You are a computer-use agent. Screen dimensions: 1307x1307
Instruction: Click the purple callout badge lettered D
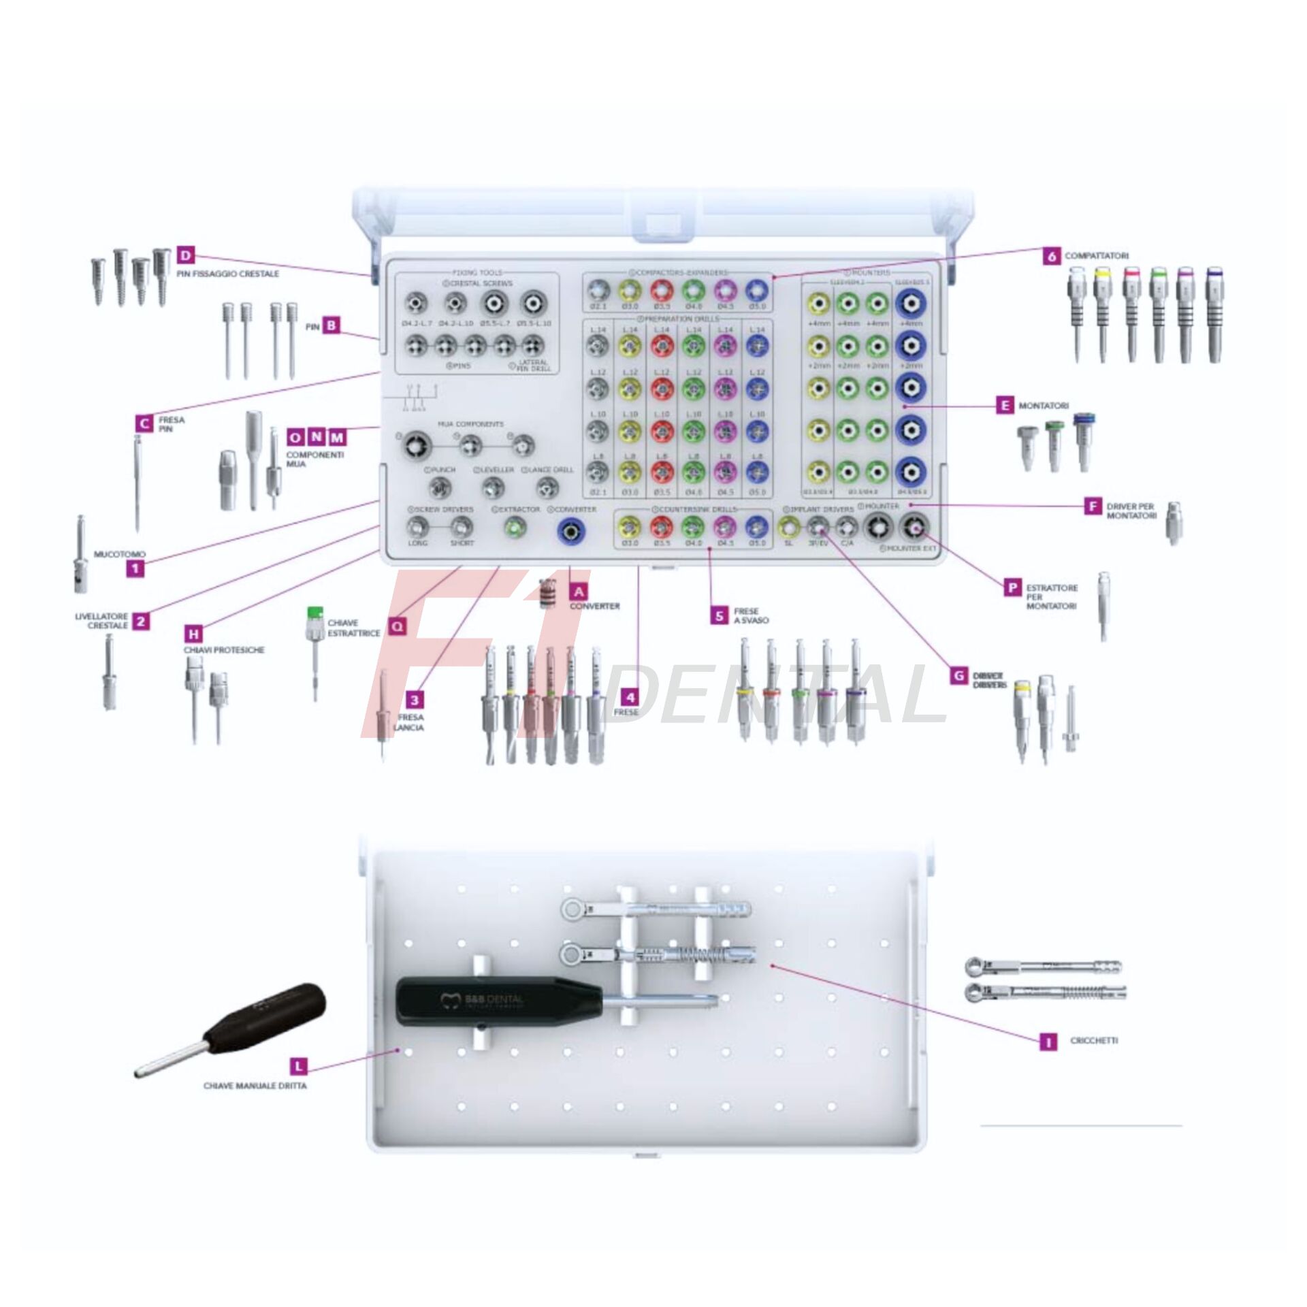click(x=185, y=256)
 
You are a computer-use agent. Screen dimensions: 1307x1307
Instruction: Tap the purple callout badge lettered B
click(x=331, y=325)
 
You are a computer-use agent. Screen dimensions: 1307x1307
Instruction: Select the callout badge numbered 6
click(x=1052, y=256)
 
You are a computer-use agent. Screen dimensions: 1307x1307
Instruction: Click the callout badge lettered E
click(x=1005, y=406)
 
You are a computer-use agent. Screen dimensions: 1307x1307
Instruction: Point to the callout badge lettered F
click(x=1093, y=506)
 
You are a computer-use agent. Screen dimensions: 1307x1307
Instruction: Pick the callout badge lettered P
click(x=1013, y=587)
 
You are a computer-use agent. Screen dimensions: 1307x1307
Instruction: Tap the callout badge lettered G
click(x=959, y=675)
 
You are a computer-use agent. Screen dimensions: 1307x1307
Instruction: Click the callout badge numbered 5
click(x=720, y=615)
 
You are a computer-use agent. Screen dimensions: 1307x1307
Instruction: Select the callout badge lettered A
click(x=579, y=592)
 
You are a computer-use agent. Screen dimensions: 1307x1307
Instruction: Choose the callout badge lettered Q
click(x=396, y=626)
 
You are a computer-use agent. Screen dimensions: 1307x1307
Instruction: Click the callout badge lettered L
click(x=298, y=1066)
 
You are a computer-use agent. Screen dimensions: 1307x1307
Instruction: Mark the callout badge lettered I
click(x=1048, y=1042)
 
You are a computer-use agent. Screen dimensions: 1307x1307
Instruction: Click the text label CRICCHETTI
click(x=1094, y=1041)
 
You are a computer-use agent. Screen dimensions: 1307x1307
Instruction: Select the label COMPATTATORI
click(x=1097, y=256)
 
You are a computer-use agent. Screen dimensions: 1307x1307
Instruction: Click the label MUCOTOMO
click(x=120, y=554)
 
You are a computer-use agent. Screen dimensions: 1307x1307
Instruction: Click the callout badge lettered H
click(x=194, y=634)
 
